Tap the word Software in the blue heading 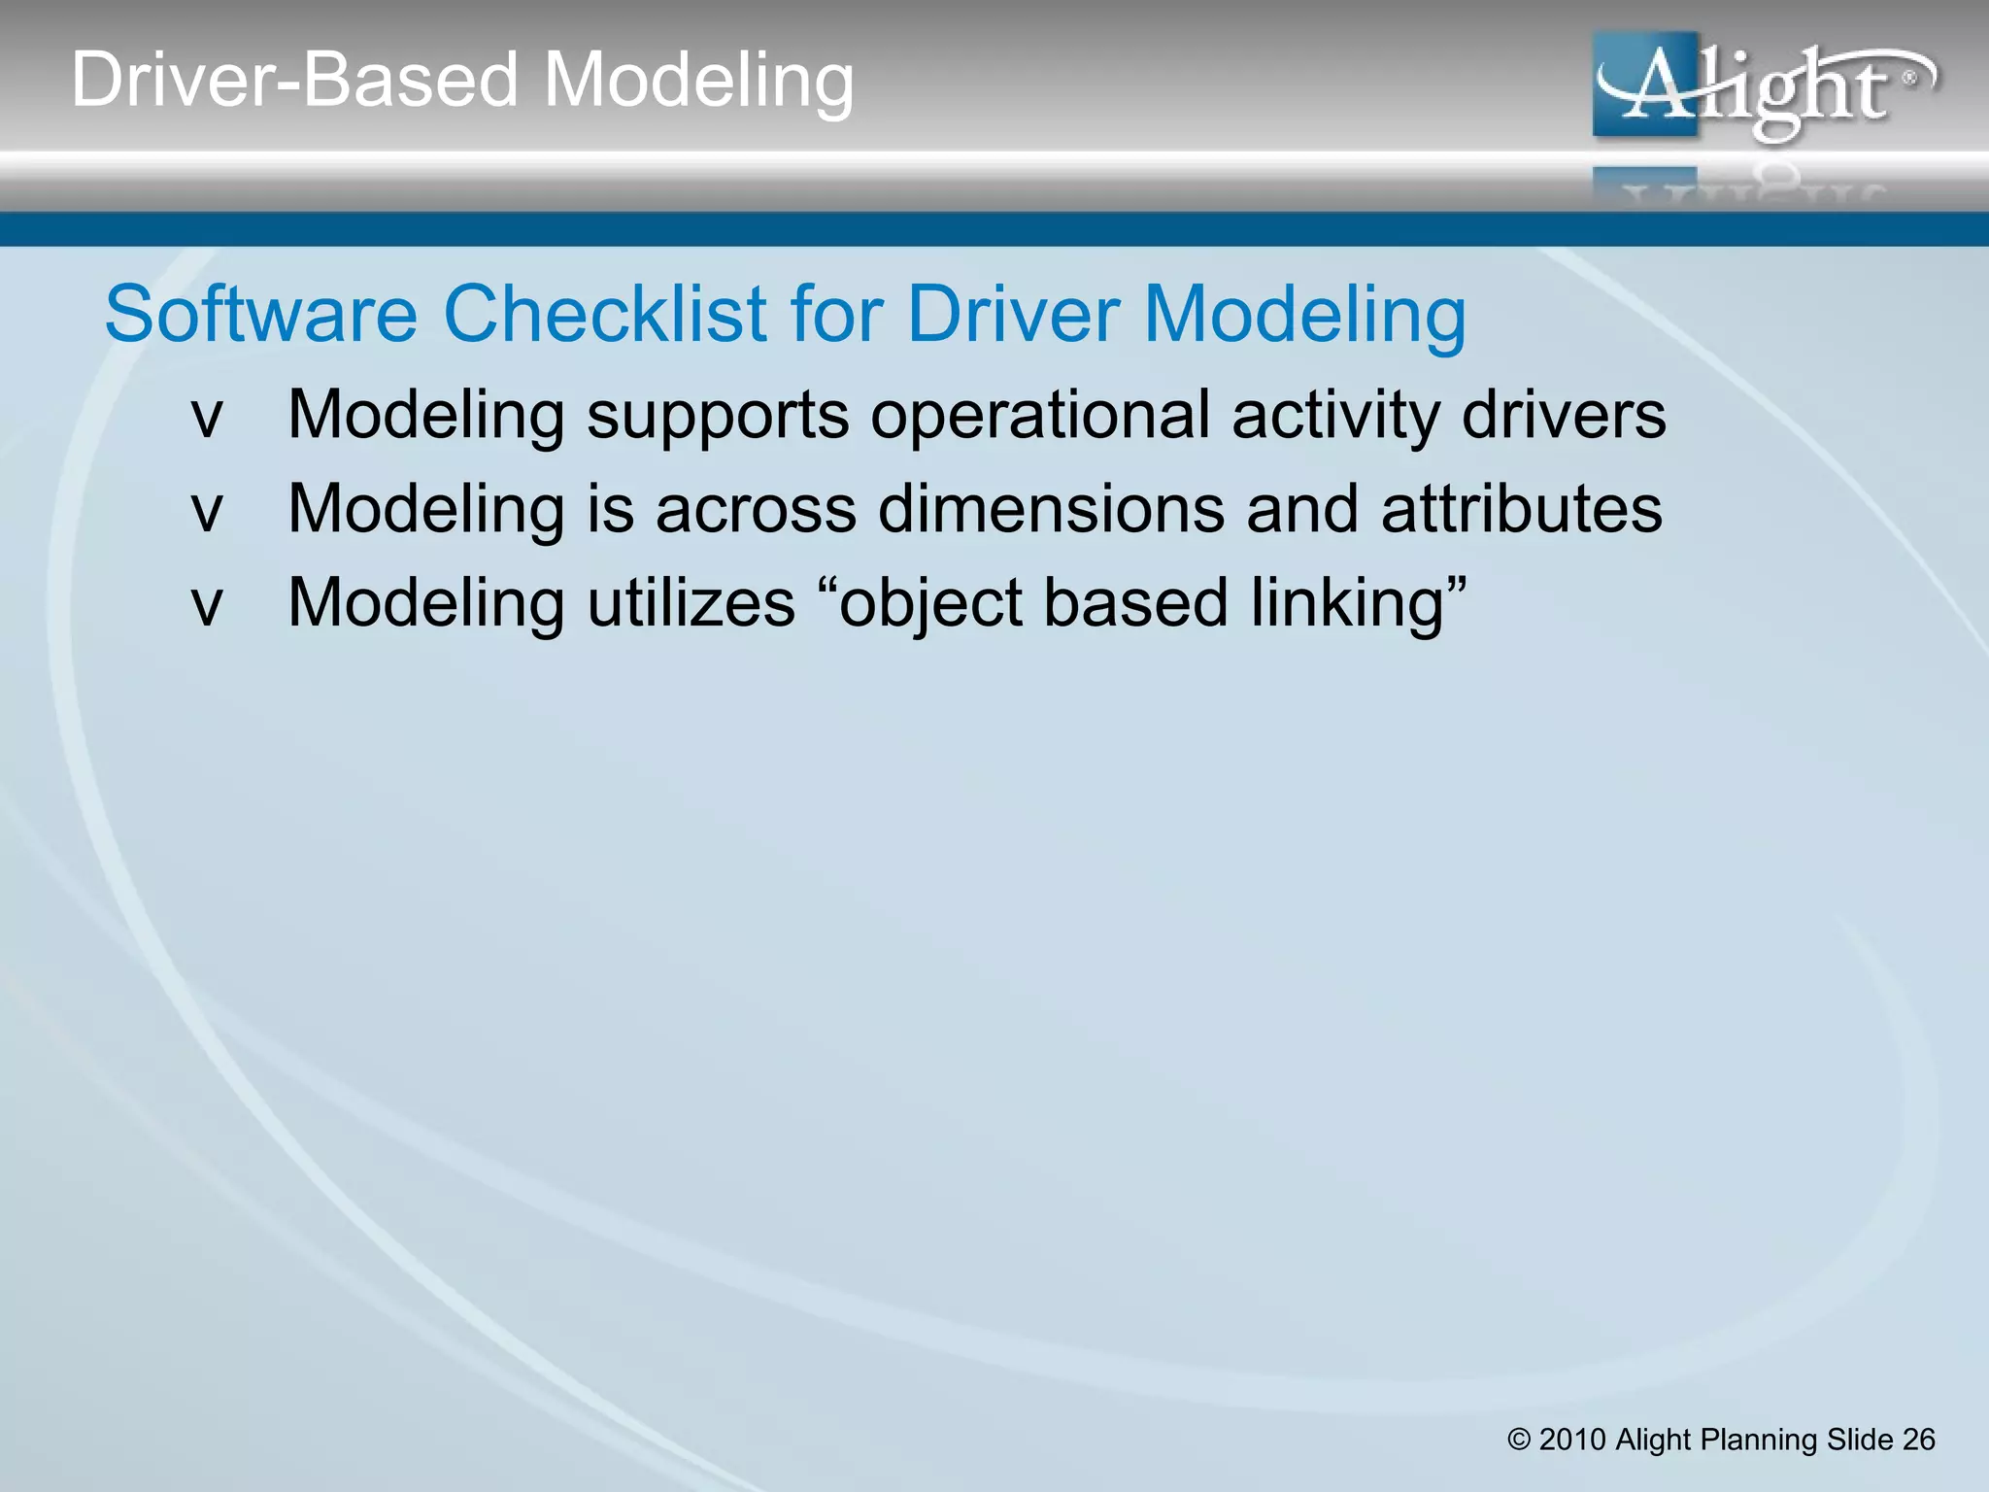260,314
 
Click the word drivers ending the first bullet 1564,416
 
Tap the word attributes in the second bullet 1521,509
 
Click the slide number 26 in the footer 1918,1440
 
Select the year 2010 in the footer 1572,1440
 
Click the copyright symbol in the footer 1519,1440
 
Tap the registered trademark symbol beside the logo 1908,78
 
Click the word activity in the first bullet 1336,416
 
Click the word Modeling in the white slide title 698,80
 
